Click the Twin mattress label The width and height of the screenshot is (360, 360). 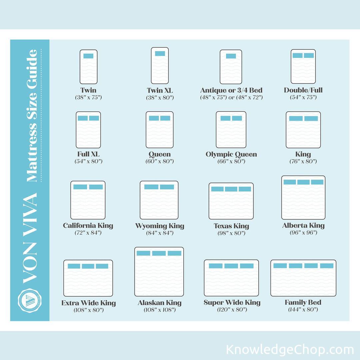point(88,90)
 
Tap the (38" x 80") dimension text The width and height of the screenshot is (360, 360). point(160,98)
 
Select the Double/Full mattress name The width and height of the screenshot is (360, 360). point(303,90)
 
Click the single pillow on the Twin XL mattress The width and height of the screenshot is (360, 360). point(160,53)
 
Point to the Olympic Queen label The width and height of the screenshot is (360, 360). point(231,154)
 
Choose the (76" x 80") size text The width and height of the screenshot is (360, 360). point(303,161)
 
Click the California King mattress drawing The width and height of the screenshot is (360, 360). point(88,200)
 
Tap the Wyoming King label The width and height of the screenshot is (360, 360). point(160,226)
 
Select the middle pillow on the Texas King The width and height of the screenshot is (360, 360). point(231,189)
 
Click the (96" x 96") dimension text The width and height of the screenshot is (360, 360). point(303,233)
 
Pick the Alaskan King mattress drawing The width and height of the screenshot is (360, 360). point(159,272)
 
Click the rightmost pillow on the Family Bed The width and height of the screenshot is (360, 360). point(327,266)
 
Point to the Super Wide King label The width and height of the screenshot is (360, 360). point(232,303)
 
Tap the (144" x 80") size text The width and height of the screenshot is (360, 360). point(303,309)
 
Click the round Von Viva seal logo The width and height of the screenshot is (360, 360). point(30,301)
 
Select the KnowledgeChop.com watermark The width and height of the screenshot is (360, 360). point(290,350)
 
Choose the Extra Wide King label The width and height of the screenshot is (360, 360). point(88,303)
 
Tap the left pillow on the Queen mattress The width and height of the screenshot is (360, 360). point(154,118)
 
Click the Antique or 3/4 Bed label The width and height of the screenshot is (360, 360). point(231,90)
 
